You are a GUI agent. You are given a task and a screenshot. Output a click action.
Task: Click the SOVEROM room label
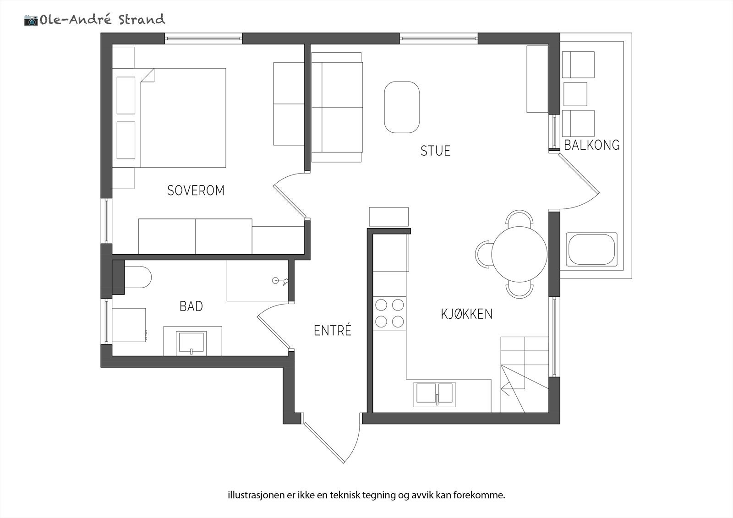[196, 190]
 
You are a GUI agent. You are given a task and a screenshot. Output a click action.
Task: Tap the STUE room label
[435, 151]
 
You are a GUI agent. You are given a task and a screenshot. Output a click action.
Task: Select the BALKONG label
[591, 145]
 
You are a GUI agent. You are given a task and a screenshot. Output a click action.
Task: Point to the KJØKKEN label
[466, 314]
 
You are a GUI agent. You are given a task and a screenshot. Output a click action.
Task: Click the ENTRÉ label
[332, 331]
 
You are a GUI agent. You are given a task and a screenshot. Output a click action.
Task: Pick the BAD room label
[191, 306]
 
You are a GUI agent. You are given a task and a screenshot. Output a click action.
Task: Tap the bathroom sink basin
[191, 343]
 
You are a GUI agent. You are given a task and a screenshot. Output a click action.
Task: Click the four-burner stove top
[389, 313]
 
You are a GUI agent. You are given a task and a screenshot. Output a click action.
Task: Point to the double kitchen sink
[435, 394]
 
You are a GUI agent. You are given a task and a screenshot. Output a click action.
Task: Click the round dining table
[519, 254]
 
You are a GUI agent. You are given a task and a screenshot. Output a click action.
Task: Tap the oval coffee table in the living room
[401, 107]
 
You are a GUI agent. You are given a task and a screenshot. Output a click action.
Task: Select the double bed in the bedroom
[183, 118]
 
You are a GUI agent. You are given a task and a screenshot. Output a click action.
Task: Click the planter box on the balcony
[591, 250]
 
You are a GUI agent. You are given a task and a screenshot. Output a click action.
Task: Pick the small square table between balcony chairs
[575, 94]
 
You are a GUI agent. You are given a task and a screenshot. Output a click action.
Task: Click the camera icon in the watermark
[31, 20]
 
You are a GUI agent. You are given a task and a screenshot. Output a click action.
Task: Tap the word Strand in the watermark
[142, 20]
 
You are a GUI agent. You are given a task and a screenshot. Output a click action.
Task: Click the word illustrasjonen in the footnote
[251, 495]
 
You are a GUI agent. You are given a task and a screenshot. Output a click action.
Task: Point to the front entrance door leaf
[323, 443]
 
